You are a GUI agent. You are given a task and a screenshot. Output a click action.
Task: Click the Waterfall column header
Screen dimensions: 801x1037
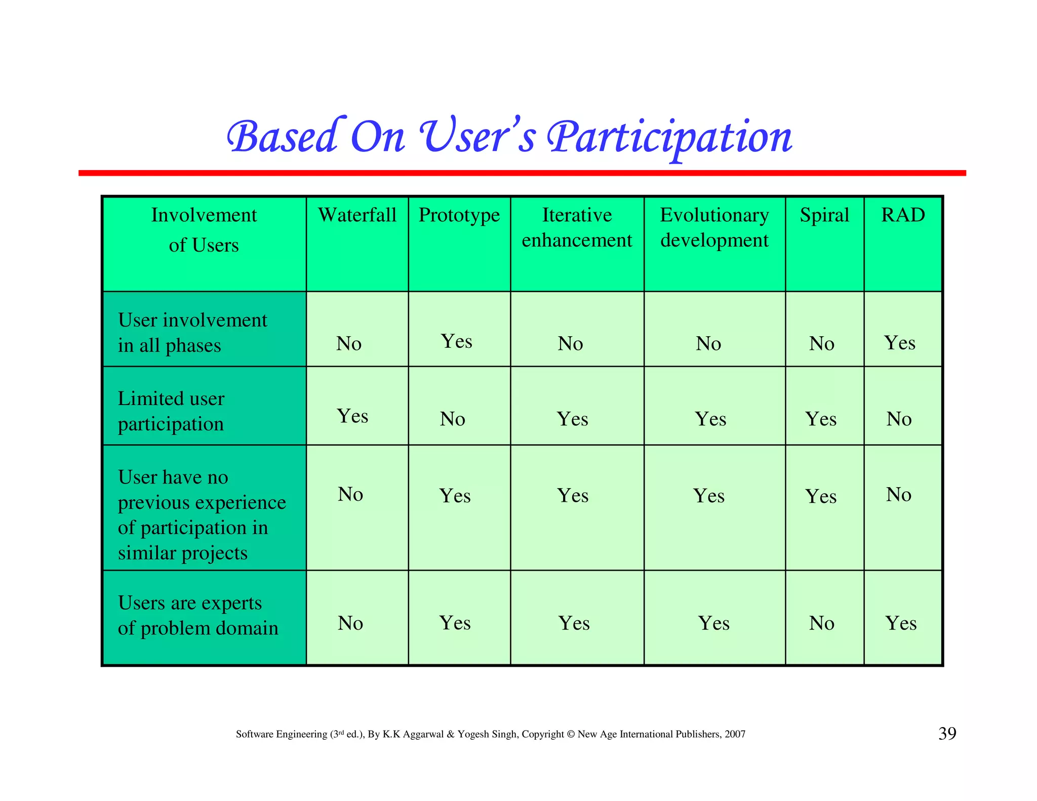pos(357,215)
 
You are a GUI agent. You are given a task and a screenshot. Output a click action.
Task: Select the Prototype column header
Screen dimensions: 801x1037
pos(459,215)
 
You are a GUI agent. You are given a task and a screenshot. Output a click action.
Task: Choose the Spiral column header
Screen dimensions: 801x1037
pos(824,215)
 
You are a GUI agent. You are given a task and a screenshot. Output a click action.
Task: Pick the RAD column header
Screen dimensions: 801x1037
pos(903,215)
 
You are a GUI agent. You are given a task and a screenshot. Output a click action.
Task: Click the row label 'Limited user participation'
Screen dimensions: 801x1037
pos(171,411)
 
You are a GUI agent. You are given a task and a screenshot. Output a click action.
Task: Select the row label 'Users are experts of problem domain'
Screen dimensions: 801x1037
pos(198,615)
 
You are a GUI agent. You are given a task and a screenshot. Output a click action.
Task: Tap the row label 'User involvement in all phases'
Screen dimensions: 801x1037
pos(192,333)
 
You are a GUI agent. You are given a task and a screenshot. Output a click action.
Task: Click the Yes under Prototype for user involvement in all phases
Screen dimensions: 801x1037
pos(457,341)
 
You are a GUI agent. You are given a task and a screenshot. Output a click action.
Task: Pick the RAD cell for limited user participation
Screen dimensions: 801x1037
pos(899,419)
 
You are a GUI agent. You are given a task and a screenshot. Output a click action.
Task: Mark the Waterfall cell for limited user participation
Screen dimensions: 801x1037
pos(352,416)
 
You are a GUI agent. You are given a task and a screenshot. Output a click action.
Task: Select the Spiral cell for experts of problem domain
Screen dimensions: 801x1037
pos(821,623)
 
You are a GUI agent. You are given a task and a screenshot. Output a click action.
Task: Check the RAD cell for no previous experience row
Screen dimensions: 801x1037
pos(899,495)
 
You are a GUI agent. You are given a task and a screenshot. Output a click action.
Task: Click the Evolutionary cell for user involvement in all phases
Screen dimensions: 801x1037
pos(708,344)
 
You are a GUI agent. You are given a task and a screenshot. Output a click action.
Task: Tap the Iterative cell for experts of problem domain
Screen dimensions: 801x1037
pos(574,623)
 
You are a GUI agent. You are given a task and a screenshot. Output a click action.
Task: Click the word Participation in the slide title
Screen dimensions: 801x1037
pos(669,138)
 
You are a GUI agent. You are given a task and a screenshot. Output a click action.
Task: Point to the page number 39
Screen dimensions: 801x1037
pos(947,734)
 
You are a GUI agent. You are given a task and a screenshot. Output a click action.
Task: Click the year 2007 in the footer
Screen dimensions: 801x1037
pos(735,734)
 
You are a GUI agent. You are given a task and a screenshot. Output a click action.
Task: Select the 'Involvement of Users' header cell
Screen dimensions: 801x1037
pos(204,230)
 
